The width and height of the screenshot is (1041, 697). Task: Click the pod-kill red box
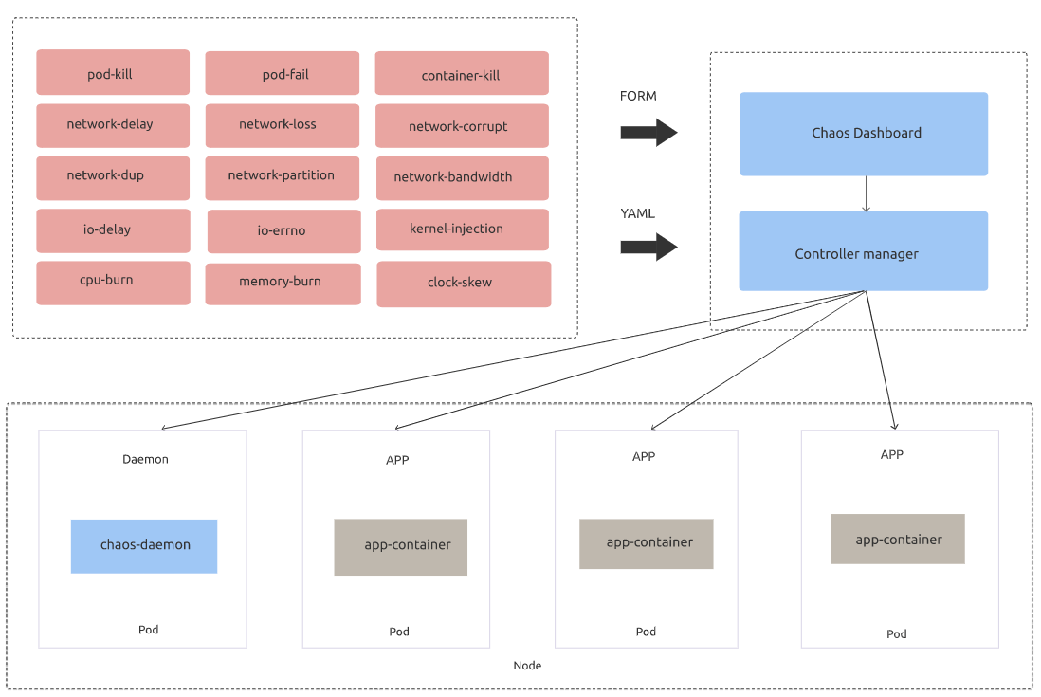[x=113, y=73]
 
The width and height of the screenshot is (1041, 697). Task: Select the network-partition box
[x=282, y=177]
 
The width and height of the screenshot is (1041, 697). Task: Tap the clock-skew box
[x=464, y=284]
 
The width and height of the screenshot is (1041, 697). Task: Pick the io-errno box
[x=283, y=231]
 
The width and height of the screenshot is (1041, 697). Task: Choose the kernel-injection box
[x=462, y=229]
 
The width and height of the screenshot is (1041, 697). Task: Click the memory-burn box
[x=283, y=284]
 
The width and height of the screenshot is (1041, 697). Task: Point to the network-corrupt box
[x=462, y=125]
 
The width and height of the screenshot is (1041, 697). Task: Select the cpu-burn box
[x=113, y=283]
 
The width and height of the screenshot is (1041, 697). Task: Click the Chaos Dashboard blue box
[x=864, y=134]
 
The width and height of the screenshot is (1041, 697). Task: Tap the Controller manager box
[x=863, y=251]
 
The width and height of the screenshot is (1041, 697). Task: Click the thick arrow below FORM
[x=648, y=133]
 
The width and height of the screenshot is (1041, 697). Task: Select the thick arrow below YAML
[x=648, y=248]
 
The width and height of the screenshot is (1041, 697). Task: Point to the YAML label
[x=637, y=213]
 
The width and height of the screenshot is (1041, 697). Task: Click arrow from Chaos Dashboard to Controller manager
[x=866, y=193]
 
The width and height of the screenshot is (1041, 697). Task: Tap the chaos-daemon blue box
[x=144, y=546]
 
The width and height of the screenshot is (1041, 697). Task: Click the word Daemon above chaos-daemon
[x=145, y=459]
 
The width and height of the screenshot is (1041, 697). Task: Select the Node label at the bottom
[x=527, y=666]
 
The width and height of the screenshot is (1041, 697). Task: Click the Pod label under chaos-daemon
[x=148, y=630]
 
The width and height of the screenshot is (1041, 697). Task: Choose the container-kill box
[x=462, y=74]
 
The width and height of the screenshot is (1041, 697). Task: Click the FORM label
[x=638, y=96]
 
